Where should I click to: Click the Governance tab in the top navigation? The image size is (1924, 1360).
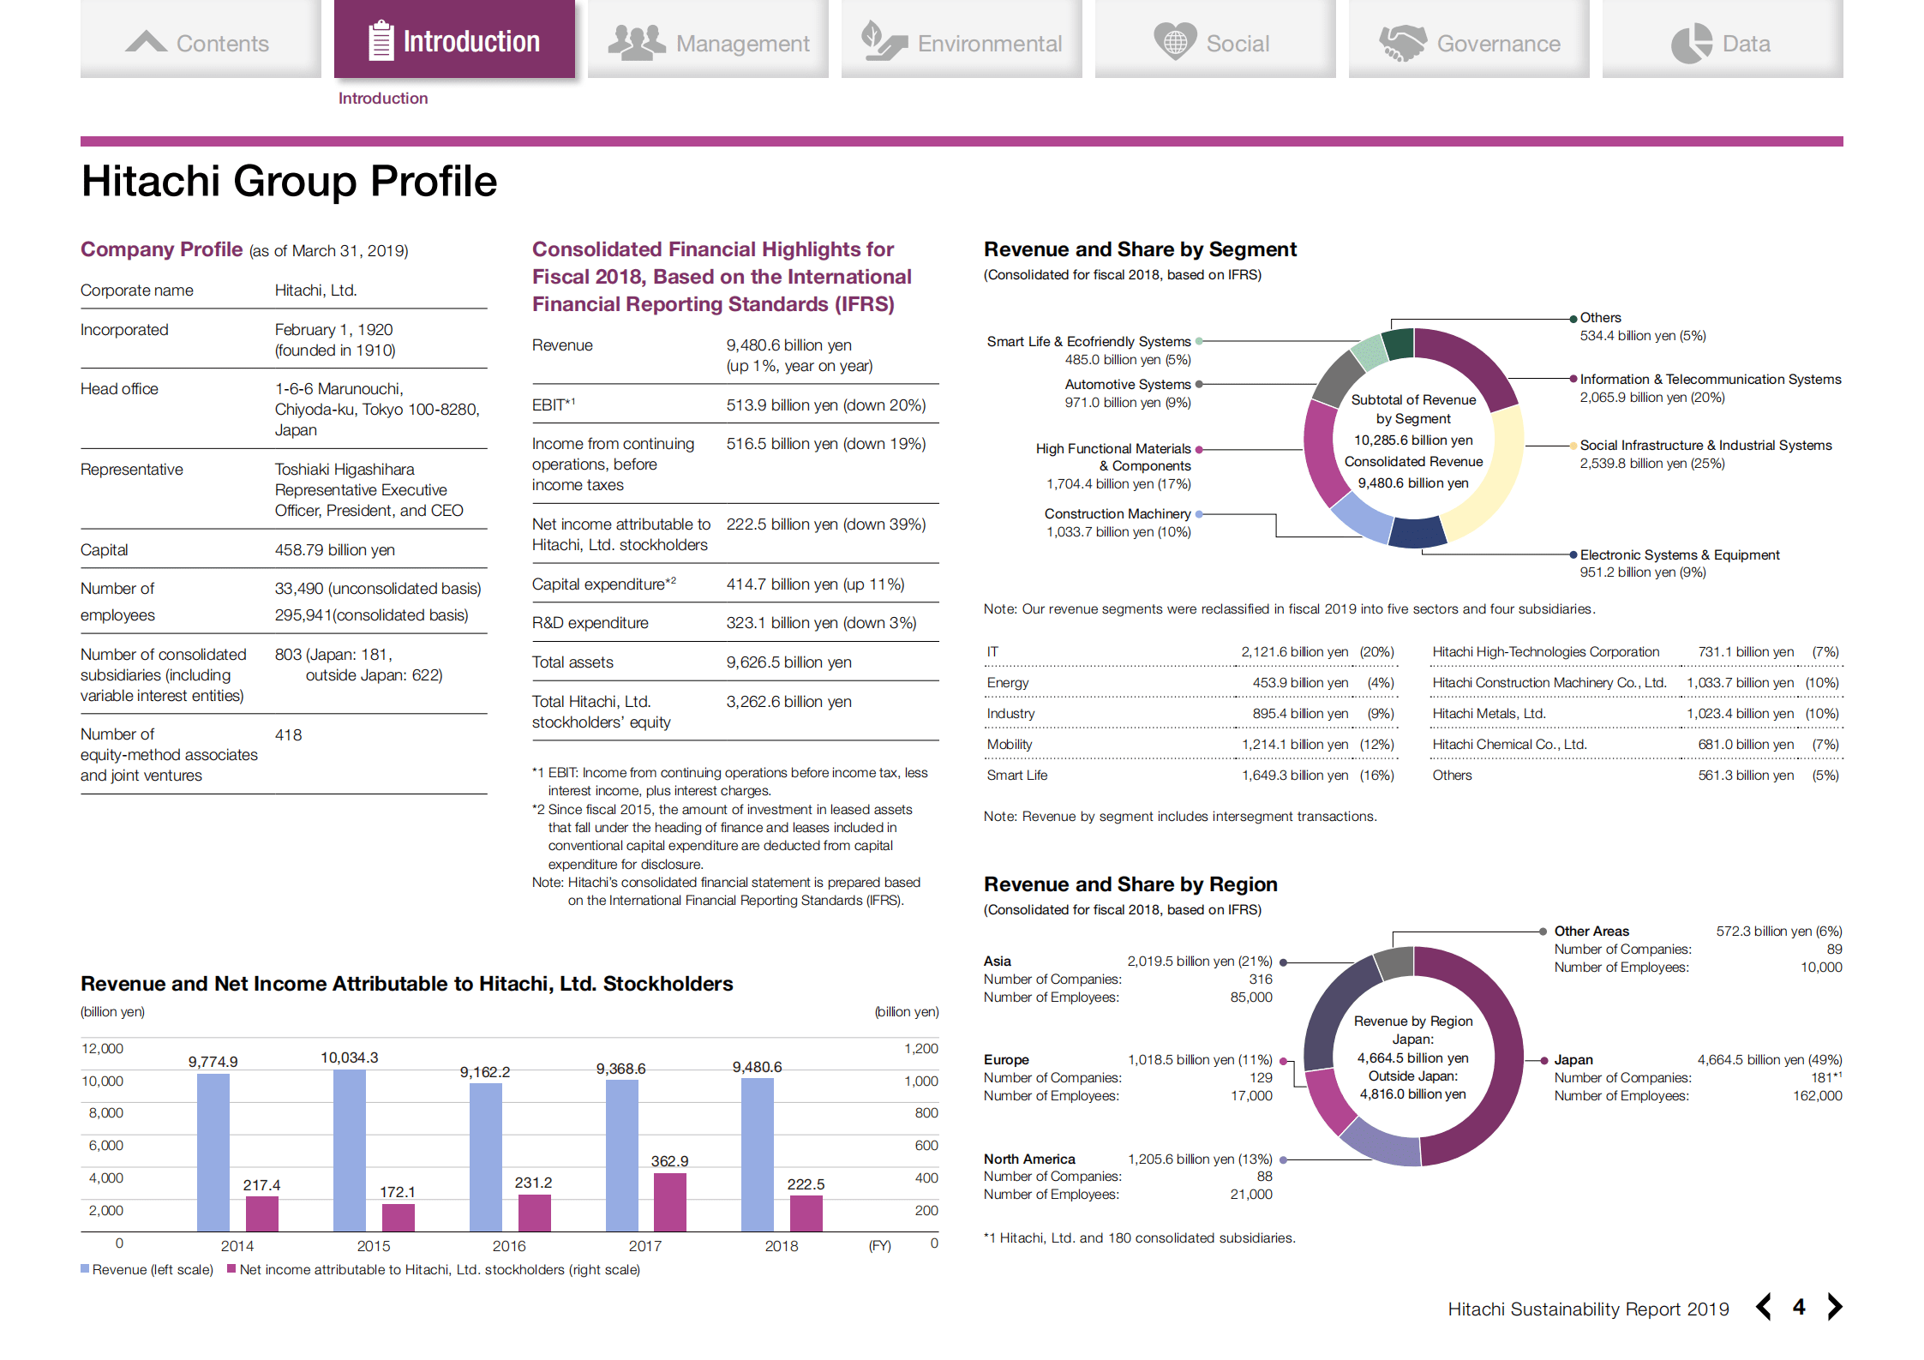[1469, 42]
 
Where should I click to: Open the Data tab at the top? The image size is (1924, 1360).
[1722, 42]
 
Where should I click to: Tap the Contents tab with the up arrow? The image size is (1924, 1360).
[200, 42]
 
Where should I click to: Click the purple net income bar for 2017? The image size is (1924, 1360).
[669, 1201]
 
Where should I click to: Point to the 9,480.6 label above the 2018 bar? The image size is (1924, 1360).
[757, 1067]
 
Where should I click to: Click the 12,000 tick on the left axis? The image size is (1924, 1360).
[103, 1049]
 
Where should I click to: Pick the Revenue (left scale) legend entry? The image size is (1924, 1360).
[147, 1269]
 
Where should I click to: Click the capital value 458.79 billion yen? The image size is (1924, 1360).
[334, 550]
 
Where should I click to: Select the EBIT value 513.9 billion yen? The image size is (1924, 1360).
[825, 405]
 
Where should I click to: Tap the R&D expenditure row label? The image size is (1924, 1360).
[590, 623]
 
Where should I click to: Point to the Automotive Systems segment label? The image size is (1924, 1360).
[1127, 385]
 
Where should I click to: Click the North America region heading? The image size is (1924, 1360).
[1028, 1159]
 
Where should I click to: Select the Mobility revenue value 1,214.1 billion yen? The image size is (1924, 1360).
[1294, 745]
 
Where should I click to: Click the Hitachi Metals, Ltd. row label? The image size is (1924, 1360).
[1489, 714]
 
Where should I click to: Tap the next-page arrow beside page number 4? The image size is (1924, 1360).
[1834, 1307]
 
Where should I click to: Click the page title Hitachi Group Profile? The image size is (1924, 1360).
[289, 182]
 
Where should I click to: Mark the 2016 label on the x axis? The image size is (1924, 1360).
[509, 1246]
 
